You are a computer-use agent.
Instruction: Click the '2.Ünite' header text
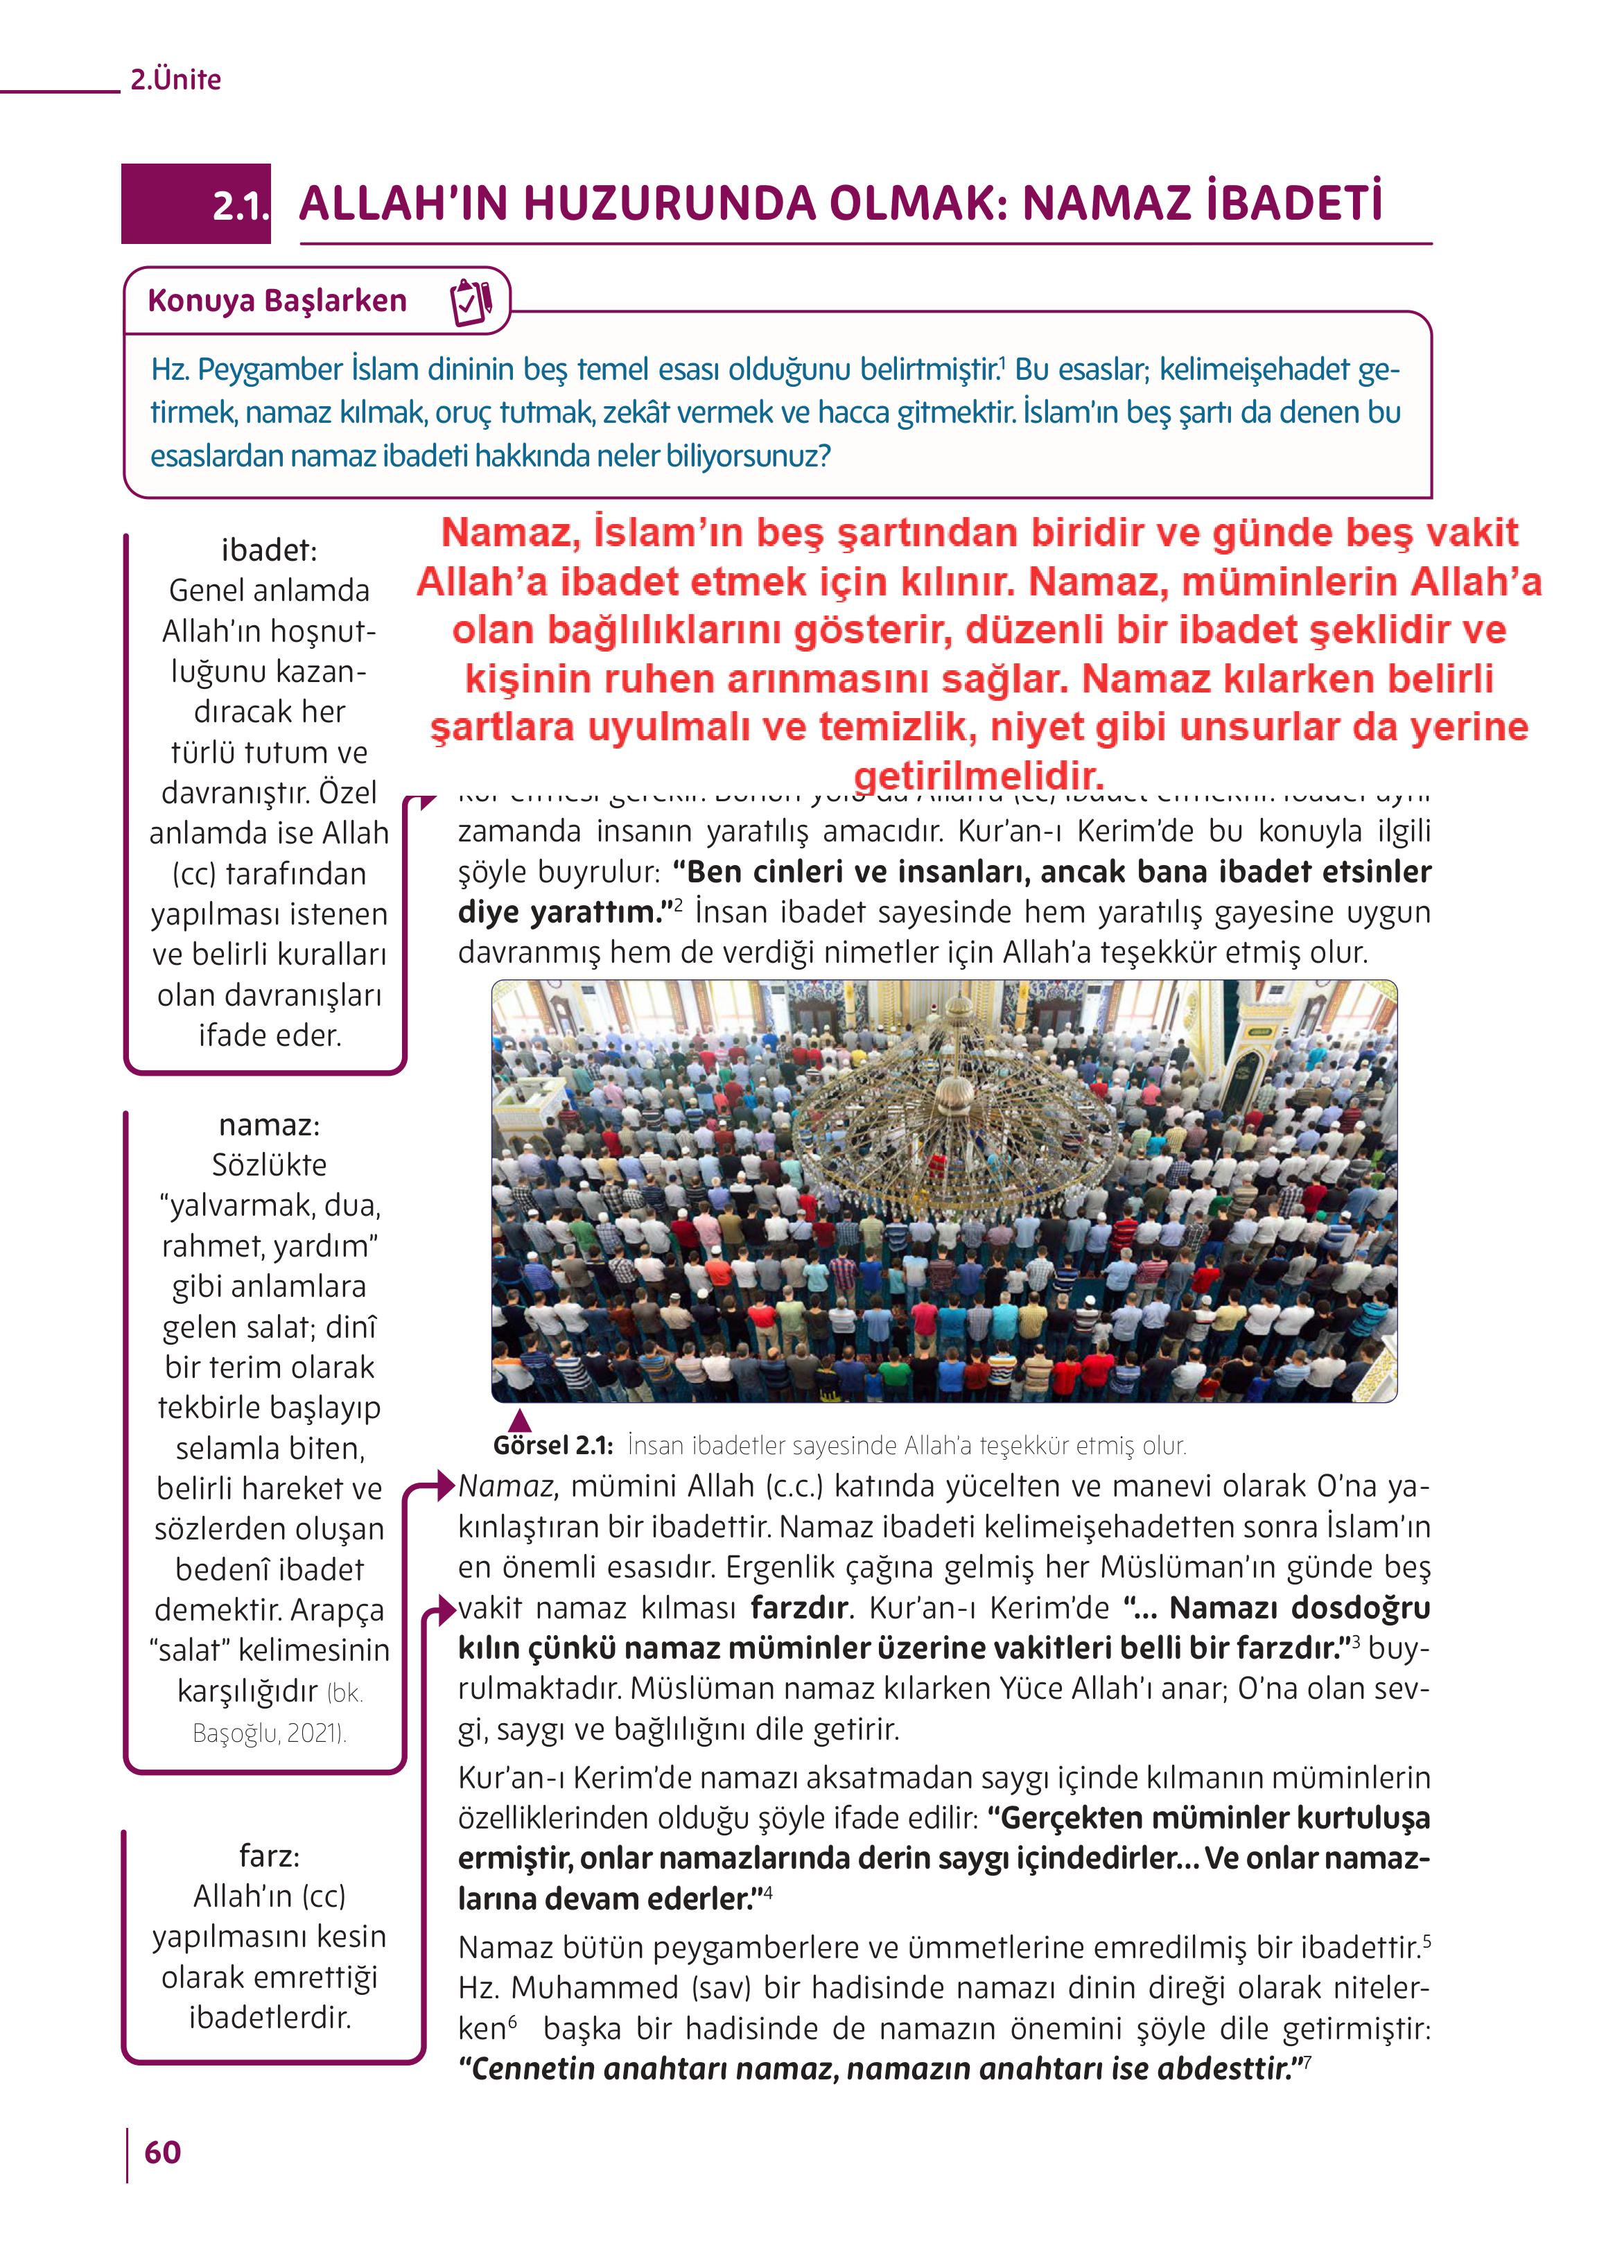175,80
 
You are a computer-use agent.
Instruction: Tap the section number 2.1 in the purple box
239,206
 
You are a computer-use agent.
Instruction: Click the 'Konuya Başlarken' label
277,301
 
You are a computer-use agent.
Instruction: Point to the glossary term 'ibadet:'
268,550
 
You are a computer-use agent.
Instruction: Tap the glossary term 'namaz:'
268,1124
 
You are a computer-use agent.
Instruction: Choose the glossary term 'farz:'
268,1855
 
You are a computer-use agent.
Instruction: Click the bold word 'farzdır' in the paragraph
798,1608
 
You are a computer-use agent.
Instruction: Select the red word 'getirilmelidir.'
979,776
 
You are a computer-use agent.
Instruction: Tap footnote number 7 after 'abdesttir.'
1306,2059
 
